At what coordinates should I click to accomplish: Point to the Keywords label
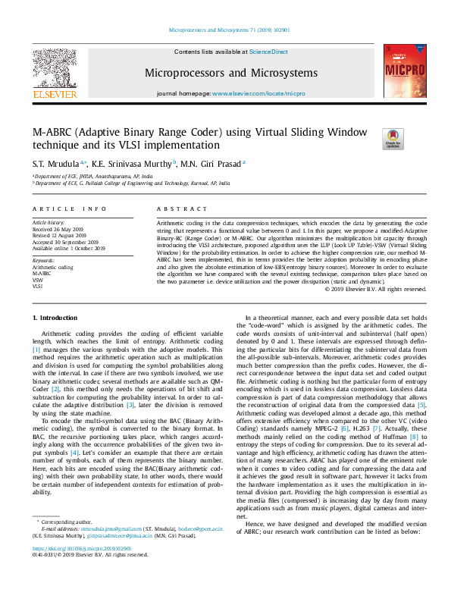[43, 261]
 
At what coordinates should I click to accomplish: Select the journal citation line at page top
[225, 30]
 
